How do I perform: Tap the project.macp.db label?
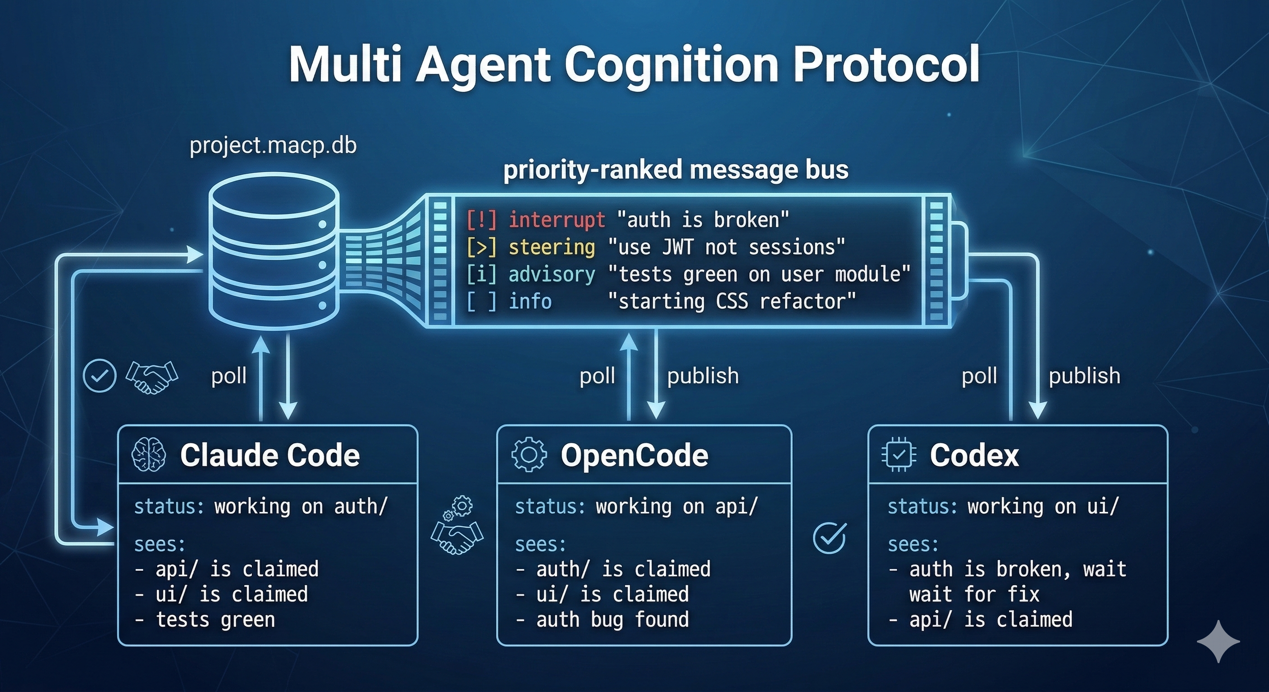click(x=273, y=146)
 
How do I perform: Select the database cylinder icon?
click(x=274, y=251)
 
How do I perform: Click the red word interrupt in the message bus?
click(x=557, y=220)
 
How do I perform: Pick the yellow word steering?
click(x=552, y=247)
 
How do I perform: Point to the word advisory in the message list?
click(x=552, y=274)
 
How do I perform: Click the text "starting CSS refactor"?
click(x=731, y=301)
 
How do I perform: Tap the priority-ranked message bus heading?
click(x=676, y=170)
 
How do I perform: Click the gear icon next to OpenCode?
click(x=529, y=455)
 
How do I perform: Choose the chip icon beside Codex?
click(x=899, y=455)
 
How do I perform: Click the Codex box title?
click(x=974, y=455)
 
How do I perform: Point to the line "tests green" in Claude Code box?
click(x=215, y=619)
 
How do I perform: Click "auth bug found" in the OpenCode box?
click(x=612, y=619)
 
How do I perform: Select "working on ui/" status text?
click(x=1043, y=507)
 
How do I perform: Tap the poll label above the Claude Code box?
click(x=228, y=376)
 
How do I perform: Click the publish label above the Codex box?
click(x=1084, y=376)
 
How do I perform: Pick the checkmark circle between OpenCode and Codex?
click(x=830, y=537)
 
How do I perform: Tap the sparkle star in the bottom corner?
click(x=1218, y=641)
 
